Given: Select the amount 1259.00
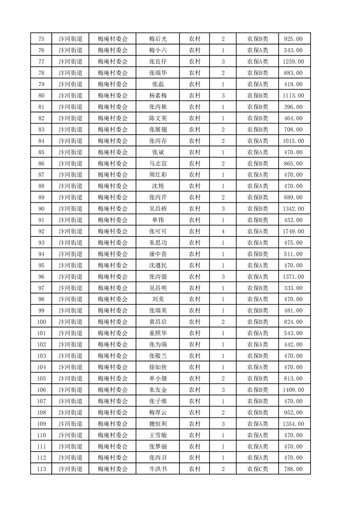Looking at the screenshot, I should tap(293, 62).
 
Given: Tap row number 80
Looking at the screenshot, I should tap(41, 96).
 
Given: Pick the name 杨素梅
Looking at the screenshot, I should tap(158, 96).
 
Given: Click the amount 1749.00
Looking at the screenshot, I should tap(293, 231).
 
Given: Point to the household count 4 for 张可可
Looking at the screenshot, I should tap(223, 231).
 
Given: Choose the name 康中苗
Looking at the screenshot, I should tap(158, 254).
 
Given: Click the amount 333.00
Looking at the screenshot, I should tap(293, 288).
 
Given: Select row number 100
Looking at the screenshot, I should tap(41, 322).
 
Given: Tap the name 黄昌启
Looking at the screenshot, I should tap(158, 322).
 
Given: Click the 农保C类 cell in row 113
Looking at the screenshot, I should tap(257, 469).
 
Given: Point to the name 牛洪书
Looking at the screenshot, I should tap(158, 469).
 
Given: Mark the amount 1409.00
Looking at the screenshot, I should tap(293, 390).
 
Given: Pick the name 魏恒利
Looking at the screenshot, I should tap(158, 424).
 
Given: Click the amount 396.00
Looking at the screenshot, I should tap(293, 107).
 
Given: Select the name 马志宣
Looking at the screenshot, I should tap(158, 164).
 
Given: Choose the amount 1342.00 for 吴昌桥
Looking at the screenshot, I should tap(293, 209).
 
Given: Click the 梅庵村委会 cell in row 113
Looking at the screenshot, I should tap(113, 469).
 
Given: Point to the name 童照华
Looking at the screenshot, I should tap(158, 333).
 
